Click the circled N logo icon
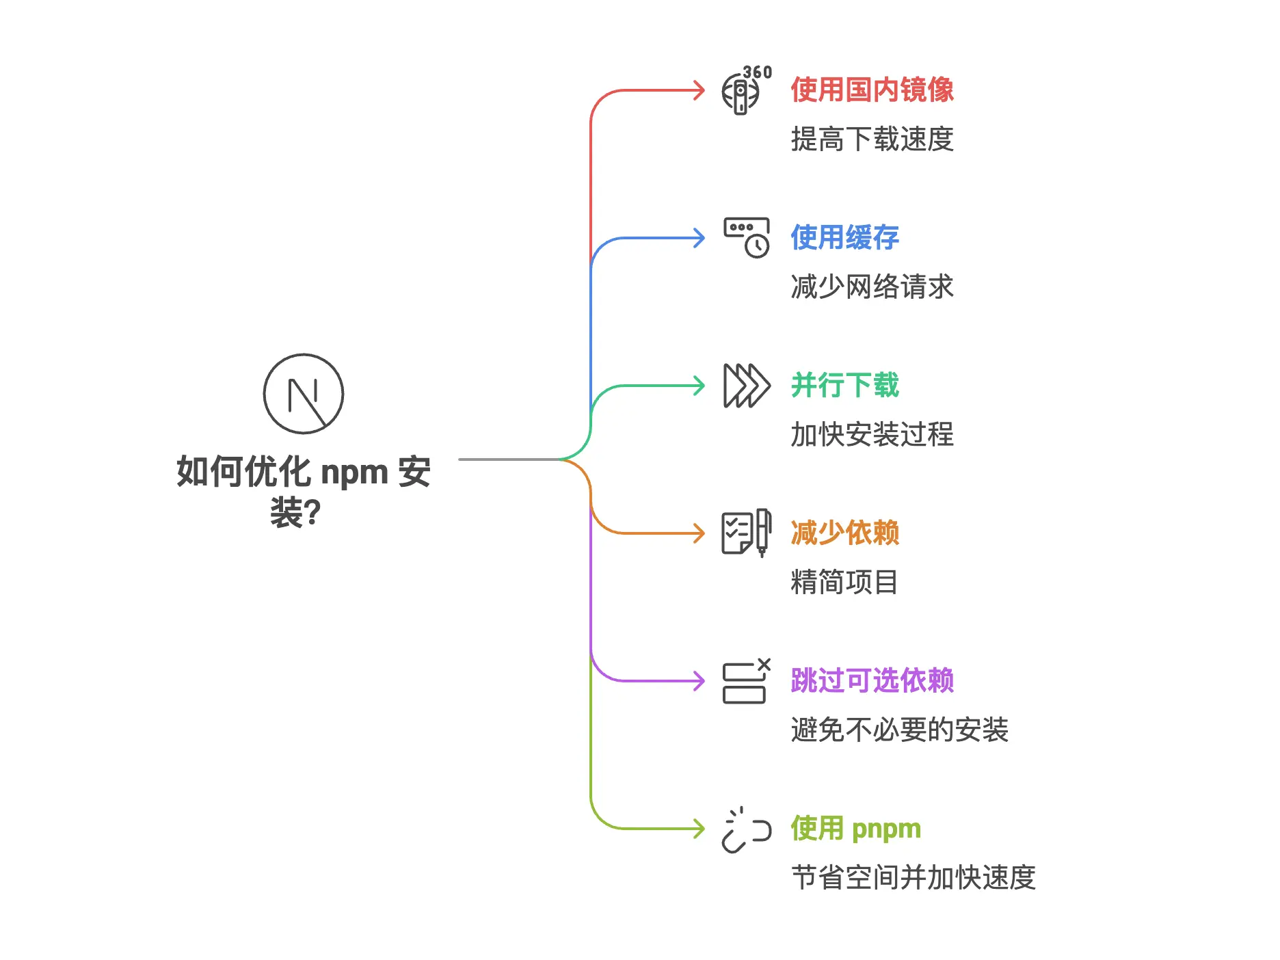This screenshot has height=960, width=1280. (x=304, y=394)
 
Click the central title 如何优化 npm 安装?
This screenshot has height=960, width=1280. (x=303, y=491)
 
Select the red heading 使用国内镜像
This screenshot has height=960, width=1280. (x=872, y=90)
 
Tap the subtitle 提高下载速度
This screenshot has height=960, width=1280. (x=872, y=139)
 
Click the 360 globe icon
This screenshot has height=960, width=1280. (x=744, y=92)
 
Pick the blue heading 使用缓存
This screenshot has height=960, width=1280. (x=844, y=238)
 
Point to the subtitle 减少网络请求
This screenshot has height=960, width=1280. (x=872, y=287)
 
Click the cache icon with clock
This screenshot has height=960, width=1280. (x=747, y=237)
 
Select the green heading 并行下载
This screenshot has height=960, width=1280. (x=844, y=386)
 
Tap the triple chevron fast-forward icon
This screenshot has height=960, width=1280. (x=746, y=386)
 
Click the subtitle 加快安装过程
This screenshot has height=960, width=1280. (x=872, y=435)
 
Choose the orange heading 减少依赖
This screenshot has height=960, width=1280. (x=844, y=533)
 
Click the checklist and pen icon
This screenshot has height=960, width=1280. (x=746, y=533)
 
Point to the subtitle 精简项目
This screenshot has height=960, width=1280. (x=844, y=583)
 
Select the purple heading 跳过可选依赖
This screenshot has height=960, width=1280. (x=872, y=681)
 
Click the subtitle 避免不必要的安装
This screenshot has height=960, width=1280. (x=899, y=730)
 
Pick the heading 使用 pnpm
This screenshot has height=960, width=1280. (x=855, y=829)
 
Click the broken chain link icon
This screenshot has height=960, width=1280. (x=745, y=830)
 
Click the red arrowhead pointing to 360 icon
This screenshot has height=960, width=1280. (x=699, y=90)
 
